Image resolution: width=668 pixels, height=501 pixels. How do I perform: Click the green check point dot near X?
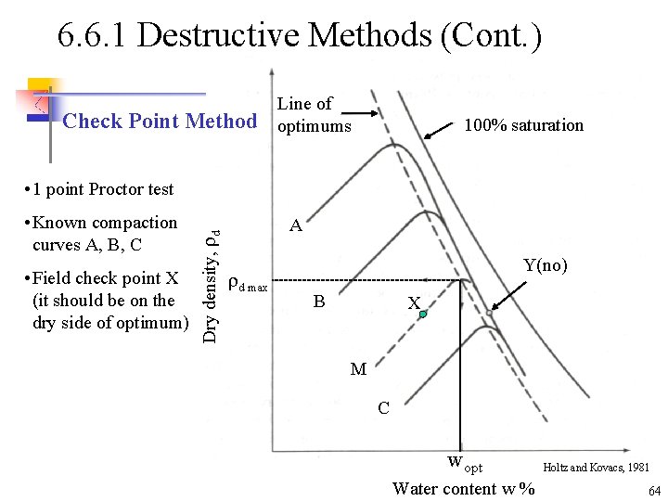coord(423,315)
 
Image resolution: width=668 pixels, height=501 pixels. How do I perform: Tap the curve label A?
coord(295,225)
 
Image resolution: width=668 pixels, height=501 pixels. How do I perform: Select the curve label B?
coord(318,302)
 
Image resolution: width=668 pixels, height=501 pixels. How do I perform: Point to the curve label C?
coord(383,408)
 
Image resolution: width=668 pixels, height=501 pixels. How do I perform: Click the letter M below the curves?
coord(358,369)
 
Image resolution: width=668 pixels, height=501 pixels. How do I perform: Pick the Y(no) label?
coord(545,266)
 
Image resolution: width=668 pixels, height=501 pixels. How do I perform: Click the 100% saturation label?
coord(524,125)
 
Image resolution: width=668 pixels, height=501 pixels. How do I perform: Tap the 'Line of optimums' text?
coord(314,115)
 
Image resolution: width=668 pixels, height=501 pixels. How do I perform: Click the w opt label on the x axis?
coord(465,463)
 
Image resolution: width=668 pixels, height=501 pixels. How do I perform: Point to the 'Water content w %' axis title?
coord(463,488)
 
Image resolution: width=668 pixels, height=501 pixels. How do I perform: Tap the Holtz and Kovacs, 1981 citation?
coord(597,469)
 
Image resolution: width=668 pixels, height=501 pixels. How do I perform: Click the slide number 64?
coord(653,490)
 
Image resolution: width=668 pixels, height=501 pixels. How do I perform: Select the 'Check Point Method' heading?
coord(160,121)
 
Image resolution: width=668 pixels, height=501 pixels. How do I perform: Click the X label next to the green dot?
coord(414,303)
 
